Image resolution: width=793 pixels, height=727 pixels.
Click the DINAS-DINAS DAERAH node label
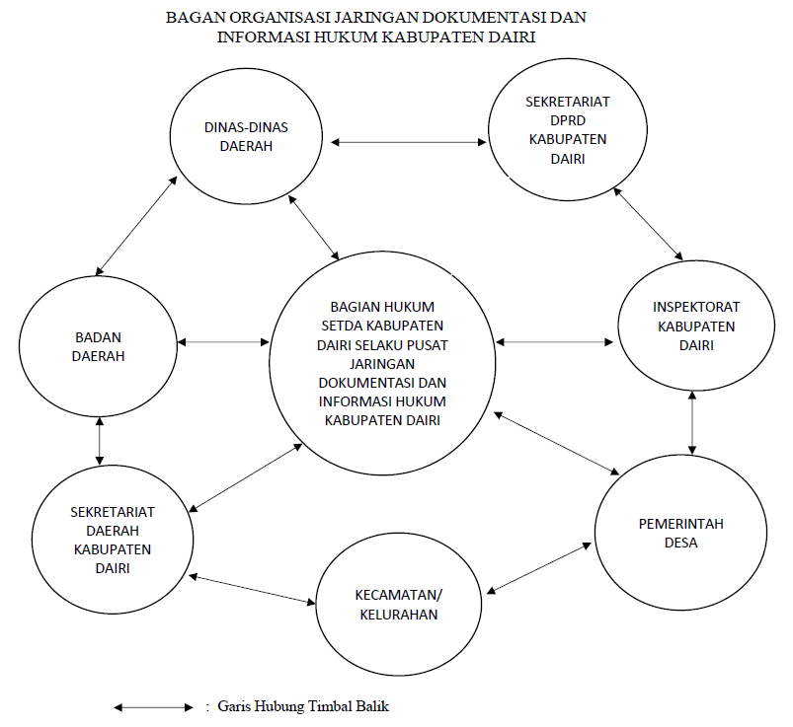click(x=245, y=137)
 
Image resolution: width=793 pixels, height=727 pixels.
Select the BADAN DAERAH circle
click(x=99, y=342)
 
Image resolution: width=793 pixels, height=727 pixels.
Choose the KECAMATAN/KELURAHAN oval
click(x=399, y=604)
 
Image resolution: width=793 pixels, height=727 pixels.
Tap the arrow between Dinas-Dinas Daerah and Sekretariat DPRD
click(x=409, y=143)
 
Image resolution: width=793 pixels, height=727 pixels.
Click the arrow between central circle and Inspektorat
click(x=555, y=342)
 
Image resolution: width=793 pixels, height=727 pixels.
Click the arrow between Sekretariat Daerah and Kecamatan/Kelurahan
click(x=252, y=589)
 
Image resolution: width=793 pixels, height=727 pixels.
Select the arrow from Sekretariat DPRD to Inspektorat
click(x=647, y=223)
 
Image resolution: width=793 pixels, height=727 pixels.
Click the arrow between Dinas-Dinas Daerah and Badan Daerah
click(x=137, y=225)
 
